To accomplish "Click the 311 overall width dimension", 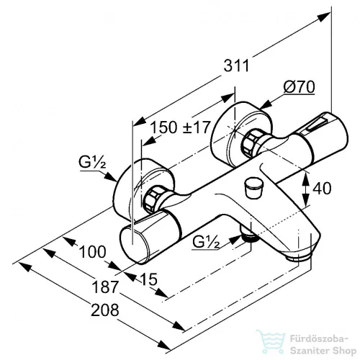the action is [236, 66].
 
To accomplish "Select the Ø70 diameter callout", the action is [299, 87].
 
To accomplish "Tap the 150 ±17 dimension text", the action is [181, 127].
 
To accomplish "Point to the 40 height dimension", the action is [323, 188].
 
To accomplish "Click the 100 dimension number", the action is [92, 252].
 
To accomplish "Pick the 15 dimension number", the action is [149, 279].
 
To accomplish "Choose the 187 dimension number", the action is [105, 287].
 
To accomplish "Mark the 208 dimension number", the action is [105, 310].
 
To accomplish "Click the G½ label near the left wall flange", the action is [92, 163].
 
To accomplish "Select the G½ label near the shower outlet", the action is [206, 243].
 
